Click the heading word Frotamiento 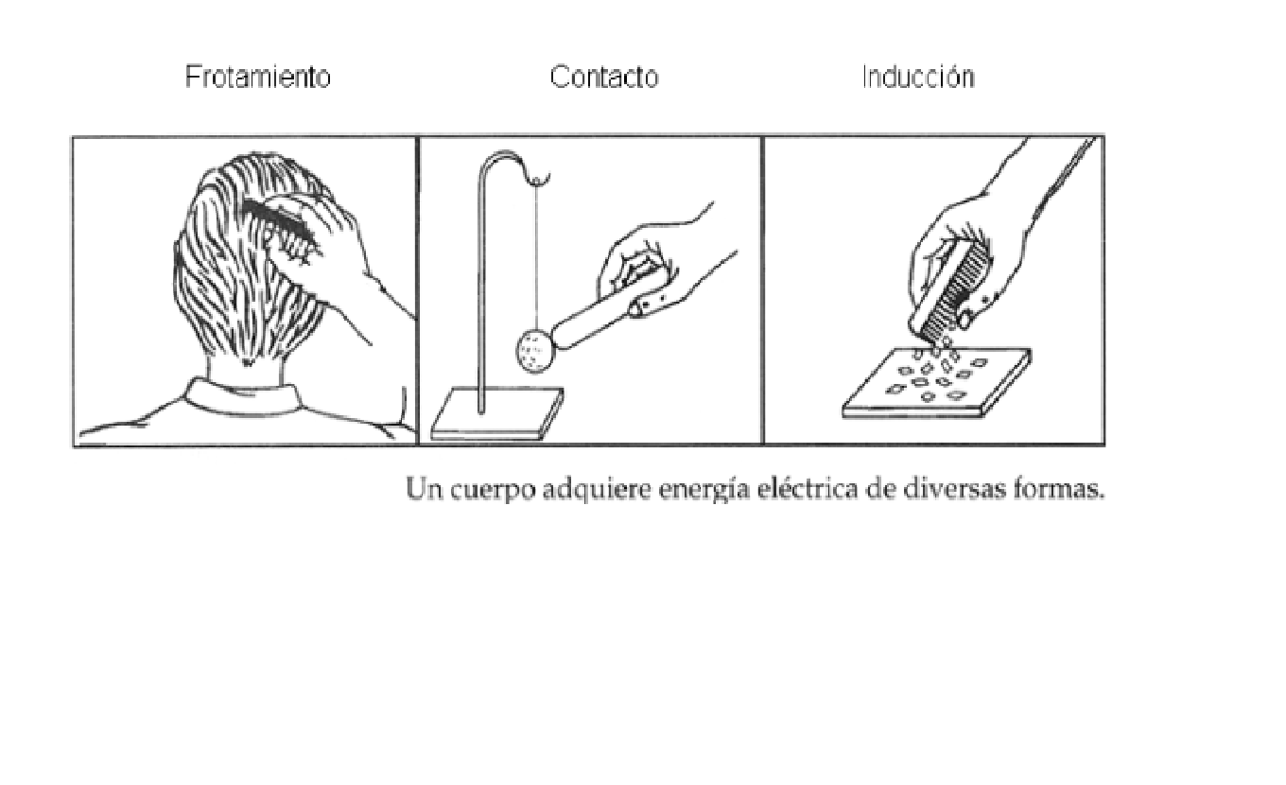coord(257,78)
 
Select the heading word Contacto coord(603,78)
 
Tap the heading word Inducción coord(917,78)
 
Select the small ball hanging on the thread coord(532,350)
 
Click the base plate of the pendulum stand coord(496,416)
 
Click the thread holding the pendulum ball coord(537,255)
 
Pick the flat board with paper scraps coord(936,383)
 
